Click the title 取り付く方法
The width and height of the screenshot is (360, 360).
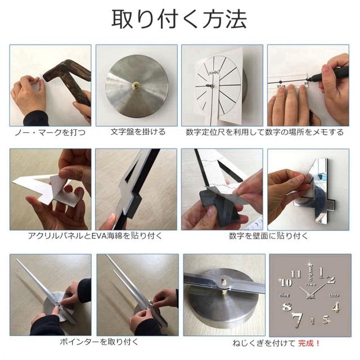click(179, 19)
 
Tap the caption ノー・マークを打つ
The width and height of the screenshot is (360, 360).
click(50, 133)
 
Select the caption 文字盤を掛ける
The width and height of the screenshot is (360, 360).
click(138, 132)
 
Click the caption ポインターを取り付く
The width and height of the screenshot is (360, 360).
click(99, 342)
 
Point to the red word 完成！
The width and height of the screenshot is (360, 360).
click(309, 344)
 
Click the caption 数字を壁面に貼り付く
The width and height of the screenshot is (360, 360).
click(268, 236)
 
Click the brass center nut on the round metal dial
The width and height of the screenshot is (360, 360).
click(136, 86)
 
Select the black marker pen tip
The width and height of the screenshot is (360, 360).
click(308, 79)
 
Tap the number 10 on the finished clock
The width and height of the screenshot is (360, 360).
click(286, 283)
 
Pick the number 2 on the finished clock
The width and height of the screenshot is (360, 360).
click(331, 280)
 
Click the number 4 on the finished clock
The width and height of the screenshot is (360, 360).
click(336, 308)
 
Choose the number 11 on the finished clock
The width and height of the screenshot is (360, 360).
click(296, 274)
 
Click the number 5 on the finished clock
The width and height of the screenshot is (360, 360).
click(326, 320)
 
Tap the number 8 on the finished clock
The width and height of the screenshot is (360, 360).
click(287, 307)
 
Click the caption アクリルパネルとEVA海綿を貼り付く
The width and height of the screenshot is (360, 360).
click(95, 236)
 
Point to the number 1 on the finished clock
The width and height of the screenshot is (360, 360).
click(321, 272)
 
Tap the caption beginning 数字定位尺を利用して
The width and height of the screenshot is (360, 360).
click(265, 132)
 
